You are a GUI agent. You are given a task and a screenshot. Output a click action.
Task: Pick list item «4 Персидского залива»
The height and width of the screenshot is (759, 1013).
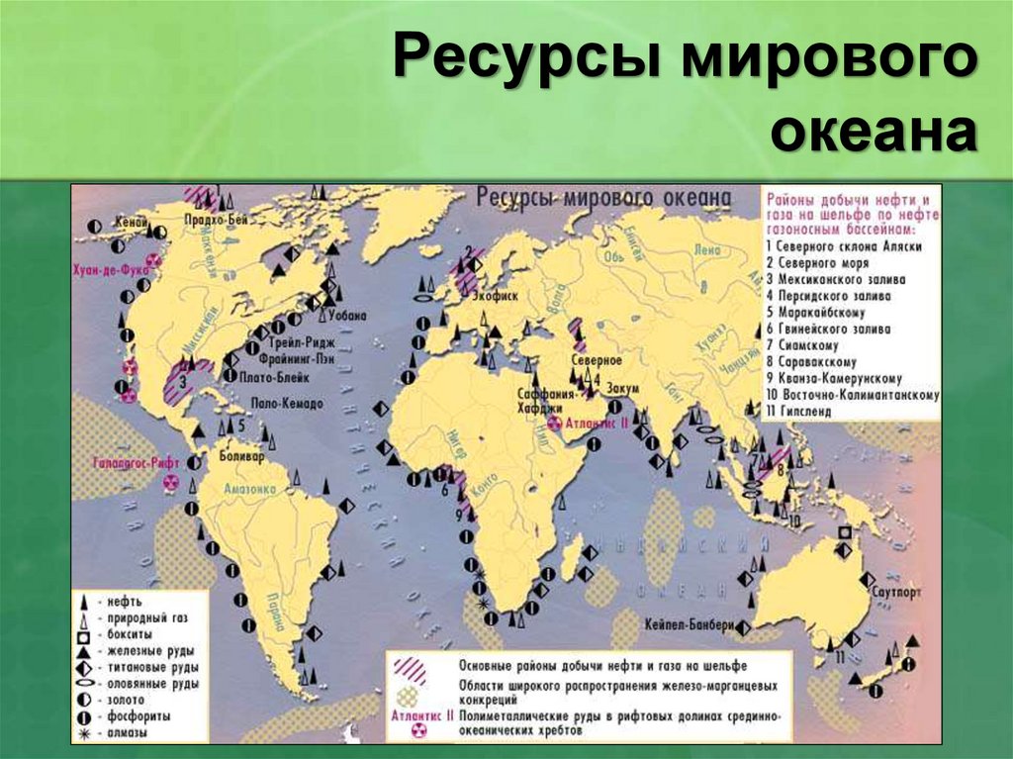[827, 296]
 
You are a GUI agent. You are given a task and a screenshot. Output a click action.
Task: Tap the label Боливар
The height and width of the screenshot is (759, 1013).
[243, 459]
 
